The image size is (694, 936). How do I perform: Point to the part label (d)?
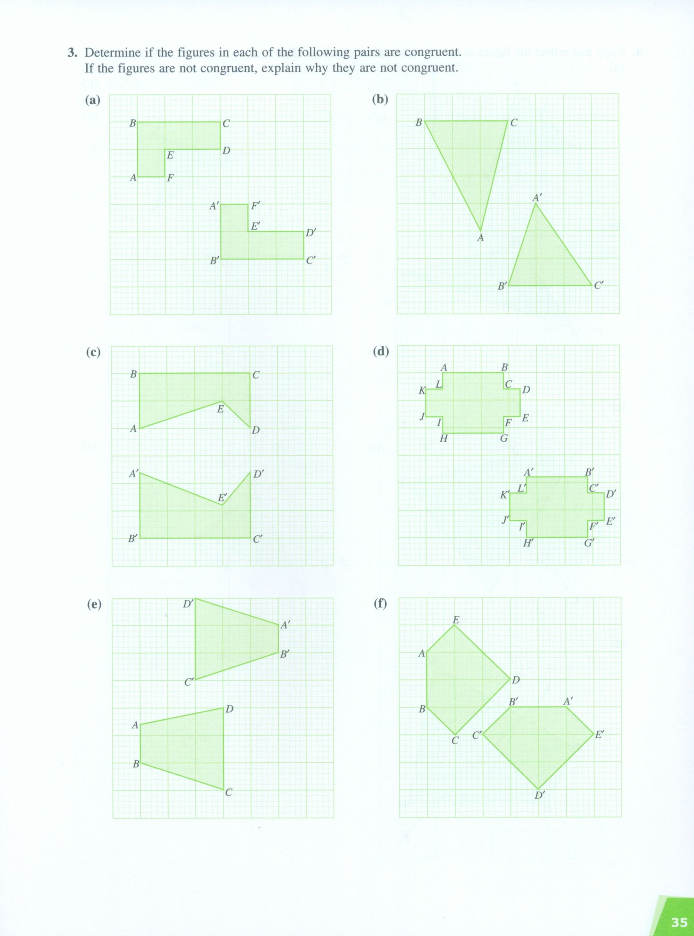pos(381,351)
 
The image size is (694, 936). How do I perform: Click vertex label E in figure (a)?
pos(170,155)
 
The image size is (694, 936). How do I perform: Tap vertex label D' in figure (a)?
pos(311,233)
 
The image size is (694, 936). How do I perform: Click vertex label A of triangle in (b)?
pos(481,238)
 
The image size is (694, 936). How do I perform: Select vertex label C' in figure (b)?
pos(599,285)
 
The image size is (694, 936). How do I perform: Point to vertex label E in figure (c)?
pos(220,409)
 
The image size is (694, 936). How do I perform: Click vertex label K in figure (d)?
pos(422,391)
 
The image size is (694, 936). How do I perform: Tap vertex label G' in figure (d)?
pos(590,543)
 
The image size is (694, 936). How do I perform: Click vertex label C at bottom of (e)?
pos(229,793)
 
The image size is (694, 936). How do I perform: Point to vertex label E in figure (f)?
pos(456,620)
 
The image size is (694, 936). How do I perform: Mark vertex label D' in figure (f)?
pos(540,795)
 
